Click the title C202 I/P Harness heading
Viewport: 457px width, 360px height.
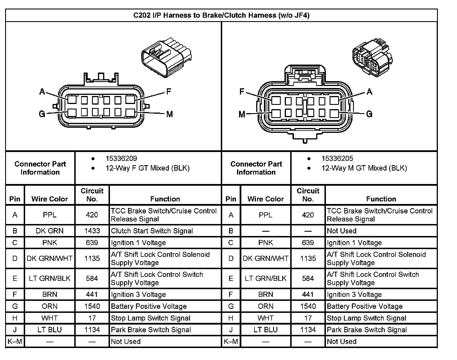[x=221, y=15]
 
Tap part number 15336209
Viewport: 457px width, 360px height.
[x=121, y=159]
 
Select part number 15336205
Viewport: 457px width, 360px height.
[x=337, y=159]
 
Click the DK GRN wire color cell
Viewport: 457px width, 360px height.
[x=50, y=231]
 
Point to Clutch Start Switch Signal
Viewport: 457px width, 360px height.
[x=152, y=231]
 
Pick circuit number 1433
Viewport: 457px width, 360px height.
[x=92, y=231]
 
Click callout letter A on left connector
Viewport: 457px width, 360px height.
[x=42, y=92]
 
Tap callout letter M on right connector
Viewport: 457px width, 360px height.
[x=242, y=115]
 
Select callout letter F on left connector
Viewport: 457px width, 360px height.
[x=169, y=91]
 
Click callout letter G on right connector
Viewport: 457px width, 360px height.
[x=369, y=114]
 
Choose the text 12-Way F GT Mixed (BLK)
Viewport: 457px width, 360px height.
[x=147, y=168]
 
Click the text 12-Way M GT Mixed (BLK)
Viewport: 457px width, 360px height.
[x=364, y=168]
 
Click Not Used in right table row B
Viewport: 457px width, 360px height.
[x=342, y=231]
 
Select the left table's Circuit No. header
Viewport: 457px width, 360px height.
[x=92, y=195]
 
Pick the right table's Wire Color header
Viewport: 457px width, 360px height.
[x=266, y=199]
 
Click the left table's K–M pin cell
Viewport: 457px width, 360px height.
[x=15, y=341]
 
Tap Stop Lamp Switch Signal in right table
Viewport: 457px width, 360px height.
[x=366, y=318]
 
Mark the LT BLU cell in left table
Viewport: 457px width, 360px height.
[x=50, y=330]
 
